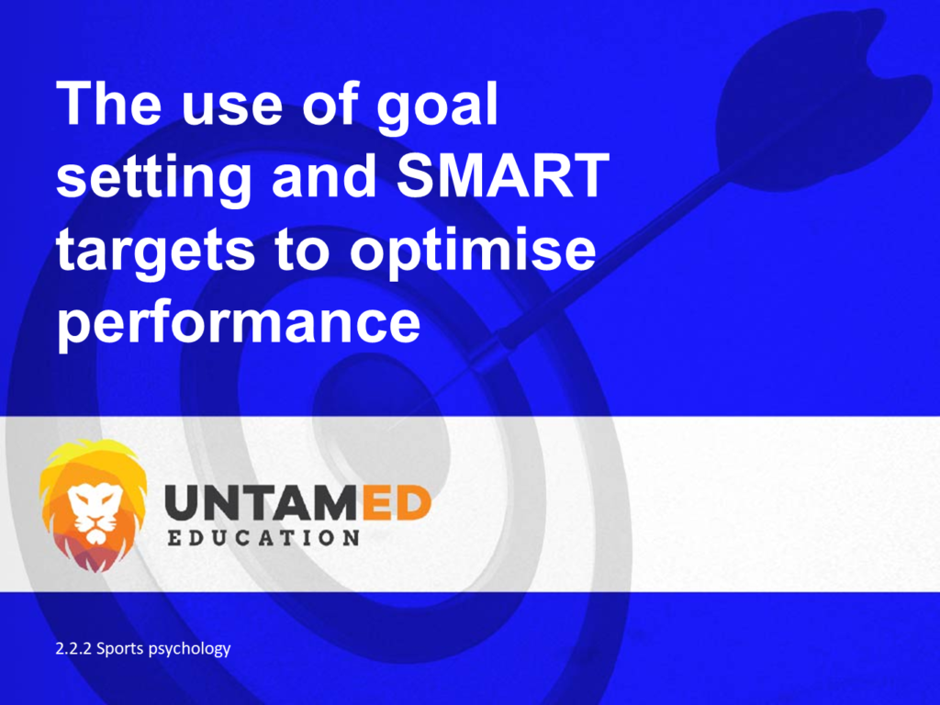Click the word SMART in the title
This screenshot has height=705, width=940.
tap(503, 175)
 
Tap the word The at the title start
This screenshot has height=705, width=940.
tap(109, 103)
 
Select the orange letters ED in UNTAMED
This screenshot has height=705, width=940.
tap(397, 503)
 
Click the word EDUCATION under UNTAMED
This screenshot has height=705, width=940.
tap(263, 538)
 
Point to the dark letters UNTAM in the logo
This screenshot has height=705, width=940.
tap(263, 503)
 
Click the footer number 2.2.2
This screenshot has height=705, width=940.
tap(73, 649)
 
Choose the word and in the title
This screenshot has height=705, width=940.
tap(324, 175)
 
